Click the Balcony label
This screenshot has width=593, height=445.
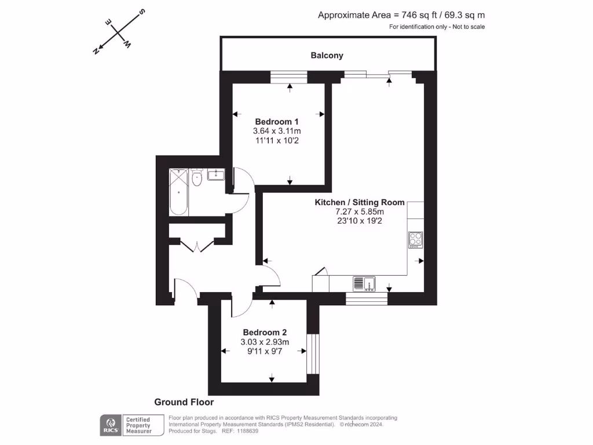(327, 56)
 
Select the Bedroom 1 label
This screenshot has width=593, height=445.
(277, 122)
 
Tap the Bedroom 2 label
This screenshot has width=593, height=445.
(265, 333)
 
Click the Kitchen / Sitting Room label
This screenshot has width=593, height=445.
(359, 202)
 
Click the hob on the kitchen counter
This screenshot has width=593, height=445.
(416, 240)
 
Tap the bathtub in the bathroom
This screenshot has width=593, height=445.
(178, 191)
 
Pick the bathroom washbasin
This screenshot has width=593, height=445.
(216, 174)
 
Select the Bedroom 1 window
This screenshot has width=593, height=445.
(289, 76)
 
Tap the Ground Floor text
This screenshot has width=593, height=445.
(184, 402)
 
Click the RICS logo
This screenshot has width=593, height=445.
(110, 425)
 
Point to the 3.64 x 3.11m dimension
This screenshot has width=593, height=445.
(277, 132)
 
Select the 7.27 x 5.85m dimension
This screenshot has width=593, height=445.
(359, 211)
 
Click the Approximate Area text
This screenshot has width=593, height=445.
(401, 16)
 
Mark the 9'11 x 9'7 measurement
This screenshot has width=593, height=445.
(265, 351)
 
